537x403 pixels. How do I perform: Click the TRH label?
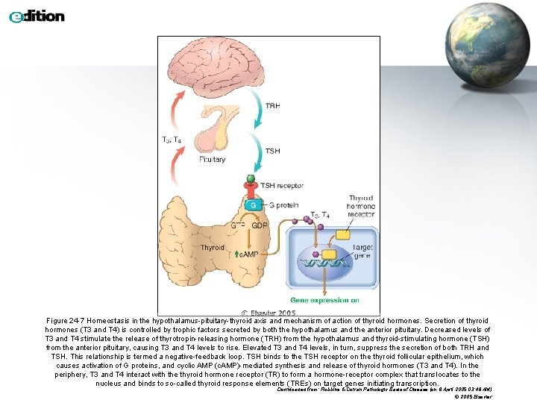coord(273,106)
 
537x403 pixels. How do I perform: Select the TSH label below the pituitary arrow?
coord(273,151)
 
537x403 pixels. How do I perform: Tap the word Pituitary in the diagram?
coord(213,160)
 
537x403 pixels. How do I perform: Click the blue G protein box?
coord(254,204)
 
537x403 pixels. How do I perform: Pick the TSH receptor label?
coord(281,185)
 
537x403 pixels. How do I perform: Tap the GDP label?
coord(260,225)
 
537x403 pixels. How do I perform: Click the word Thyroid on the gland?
coord(212,247)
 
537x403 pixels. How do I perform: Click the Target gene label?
coord(362,251)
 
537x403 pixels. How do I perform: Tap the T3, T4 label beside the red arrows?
coord(172,140)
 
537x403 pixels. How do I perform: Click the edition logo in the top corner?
coord(37,16)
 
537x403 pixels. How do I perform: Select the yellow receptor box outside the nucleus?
coord(342,234)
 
